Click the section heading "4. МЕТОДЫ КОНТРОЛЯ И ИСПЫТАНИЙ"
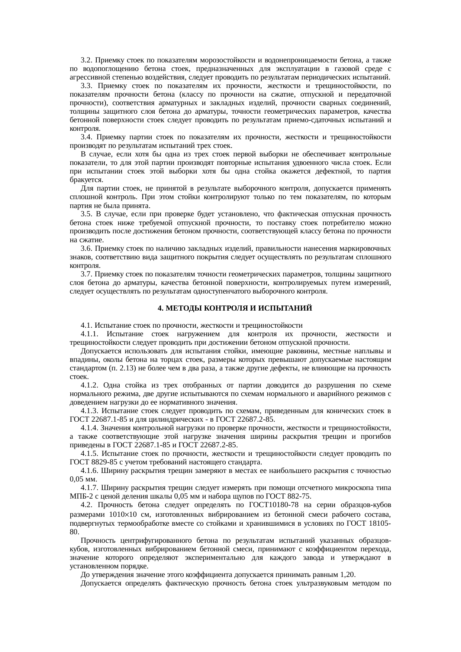pos(235,308)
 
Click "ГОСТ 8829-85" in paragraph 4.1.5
pos(89,462)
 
